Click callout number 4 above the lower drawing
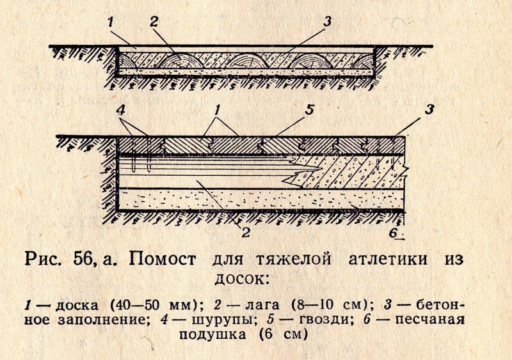[121, 111]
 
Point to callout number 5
[309, 111]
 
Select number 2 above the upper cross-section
[154, 22]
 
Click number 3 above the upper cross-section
[327, 21]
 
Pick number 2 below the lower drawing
[246, 232]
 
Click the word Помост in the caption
[163, 260]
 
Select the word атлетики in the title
[388, 260]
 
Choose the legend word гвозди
[321, 320]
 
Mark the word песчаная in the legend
[429, 320]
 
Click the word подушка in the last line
[212, 335]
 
